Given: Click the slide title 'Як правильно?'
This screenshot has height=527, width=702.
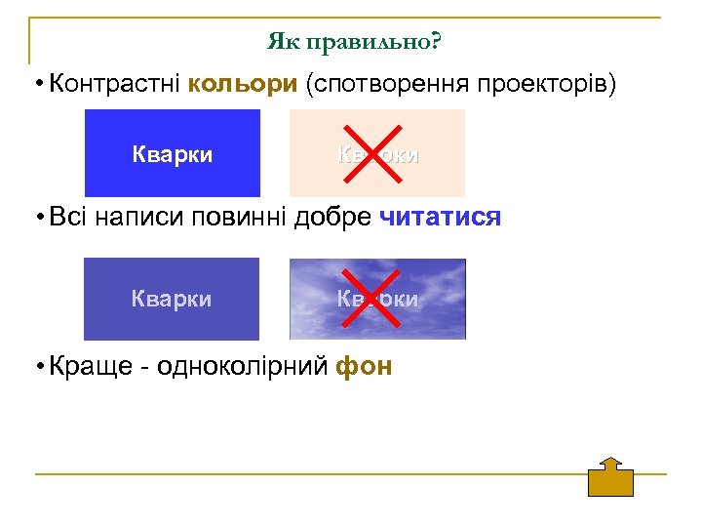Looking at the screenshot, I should [x=354, y=43].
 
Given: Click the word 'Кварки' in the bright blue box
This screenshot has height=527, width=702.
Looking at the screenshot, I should [x=173, y=153].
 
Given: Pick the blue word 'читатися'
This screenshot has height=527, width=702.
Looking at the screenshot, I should [x=439, y=217].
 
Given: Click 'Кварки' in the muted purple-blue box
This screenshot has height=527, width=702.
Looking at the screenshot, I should [x=172, y=299].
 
